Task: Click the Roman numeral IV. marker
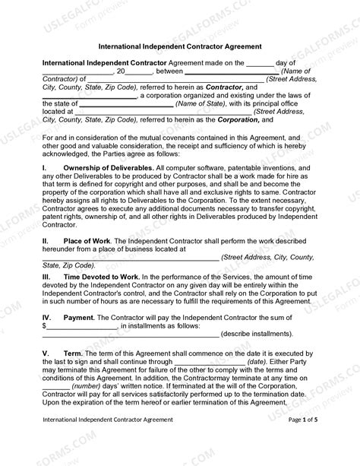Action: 46,314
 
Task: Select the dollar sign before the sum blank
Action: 45,325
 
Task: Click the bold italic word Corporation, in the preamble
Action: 238,119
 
